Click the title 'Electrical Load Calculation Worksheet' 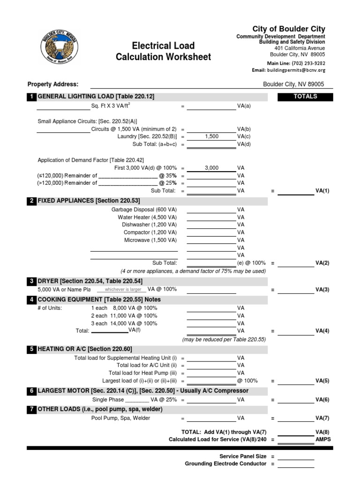click(x=164, y=52)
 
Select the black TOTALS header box click(x=305, y=97)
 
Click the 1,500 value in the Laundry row click(x=211, y=136)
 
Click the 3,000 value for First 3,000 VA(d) click(x=211, y=168)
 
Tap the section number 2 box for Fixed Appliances click(x=31, y=201)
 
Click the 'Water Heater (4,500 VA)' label click(x=147, y=217)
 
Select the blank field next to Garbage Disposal click(x=211, y=210)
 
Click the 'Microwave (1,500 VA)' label click(x=150, y=240)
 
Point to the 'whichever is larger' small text click(x=120, y=290)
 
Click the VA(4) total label click(x=322, y=331)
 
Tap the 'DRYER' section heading click(x=48, y=281)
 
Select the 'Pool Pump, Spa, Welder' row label click(x=120, y=418)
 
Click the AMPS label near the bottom click(x=323, y=440)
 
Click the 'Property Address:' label click(x=53, y=84)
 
